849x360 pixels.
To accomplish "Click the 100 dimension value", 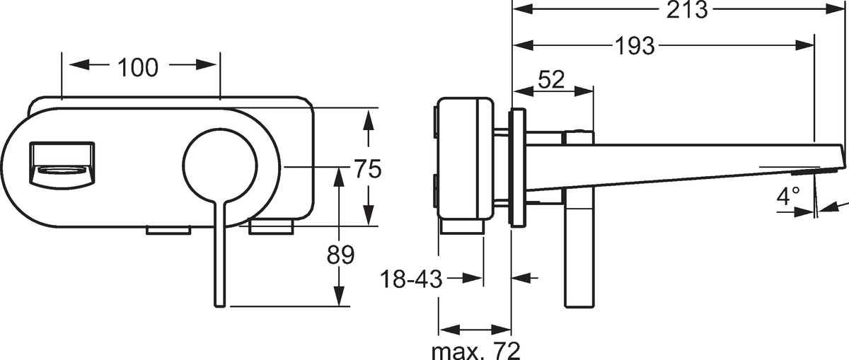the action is [138, 68].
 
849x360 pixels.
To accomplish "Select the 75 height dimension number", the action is [367, 168].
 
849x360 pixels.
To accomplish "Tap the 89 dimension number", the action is [340, 255].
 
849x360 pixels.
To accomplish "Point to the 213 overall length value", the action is [687, 9].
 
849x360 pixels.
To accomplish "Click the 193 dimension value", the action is [635, 46].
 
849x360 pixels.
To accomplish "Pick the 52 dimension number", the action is [551, 80].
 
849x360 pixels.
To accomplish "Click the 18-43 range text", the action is [411, 279].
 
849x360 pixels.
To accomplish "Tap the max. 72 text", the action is [476, 352].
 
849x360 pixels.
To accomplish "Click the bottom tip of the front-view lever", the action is [220, 306].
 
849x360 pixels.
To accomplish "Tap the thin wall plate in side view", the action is [518, 168].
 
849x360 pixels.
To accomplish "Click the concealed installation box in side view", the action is [466, 158].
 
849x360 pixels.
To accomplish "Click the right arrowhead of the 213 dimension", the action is [836, 9].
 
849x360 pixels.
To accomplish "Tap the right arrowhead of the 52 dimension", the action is [584, 91].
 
